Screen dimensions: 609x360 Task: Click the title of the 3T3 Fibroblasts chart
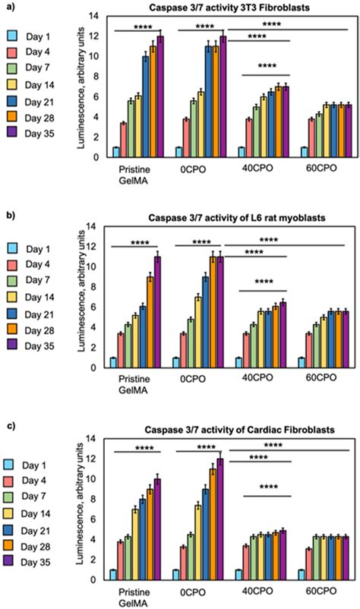click(x=225, y=7)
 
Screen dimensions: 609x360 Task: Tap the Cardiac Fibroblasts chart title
click(x=225, y=430)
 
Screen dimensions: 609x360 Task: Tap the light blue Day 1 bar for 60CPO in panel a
click(x=303, y=153)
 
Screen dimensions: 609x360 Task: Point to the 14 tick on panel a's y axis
click(x=94, y=16)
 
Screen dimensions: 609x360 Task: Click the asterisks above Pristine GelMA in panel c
click(x=137, y=448)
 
